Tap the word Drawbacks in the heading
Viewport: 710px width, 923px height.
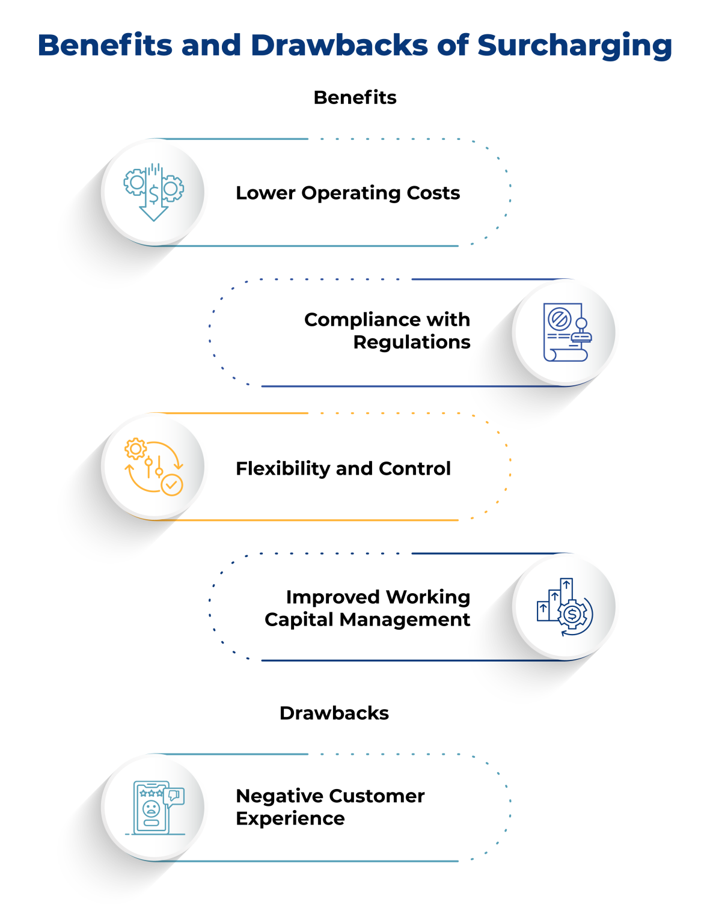tap(338, 46)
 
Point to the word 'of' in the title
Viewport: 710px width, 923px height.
tap(453, 46)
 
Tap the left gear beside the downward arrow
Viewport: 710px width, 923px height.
tap(135, 182)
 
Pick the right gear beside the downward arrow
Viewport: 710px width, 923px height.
tap(171, 188)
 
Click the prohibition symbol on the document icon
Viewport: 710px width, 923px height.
tap(559, 318)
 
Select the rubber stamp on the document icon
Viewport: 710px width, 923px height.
tap(581, 331)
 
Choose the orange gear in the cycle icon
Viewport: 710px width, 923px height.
tap(135, 449)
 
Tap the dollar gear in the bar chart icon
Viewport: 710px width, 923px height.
tap(572, 615)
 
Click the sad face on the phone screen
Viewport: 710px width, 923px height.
tap(151, 808)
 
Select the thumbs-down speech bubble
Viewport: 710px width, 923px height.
tap(174, 796)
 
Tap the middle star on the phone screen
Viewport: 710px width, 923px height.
tap(151, 793)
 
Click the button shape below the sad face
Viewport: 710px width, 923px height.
tap(151, 823)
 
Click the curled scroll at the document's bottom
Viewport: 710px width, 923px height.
tap(565, 355)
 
